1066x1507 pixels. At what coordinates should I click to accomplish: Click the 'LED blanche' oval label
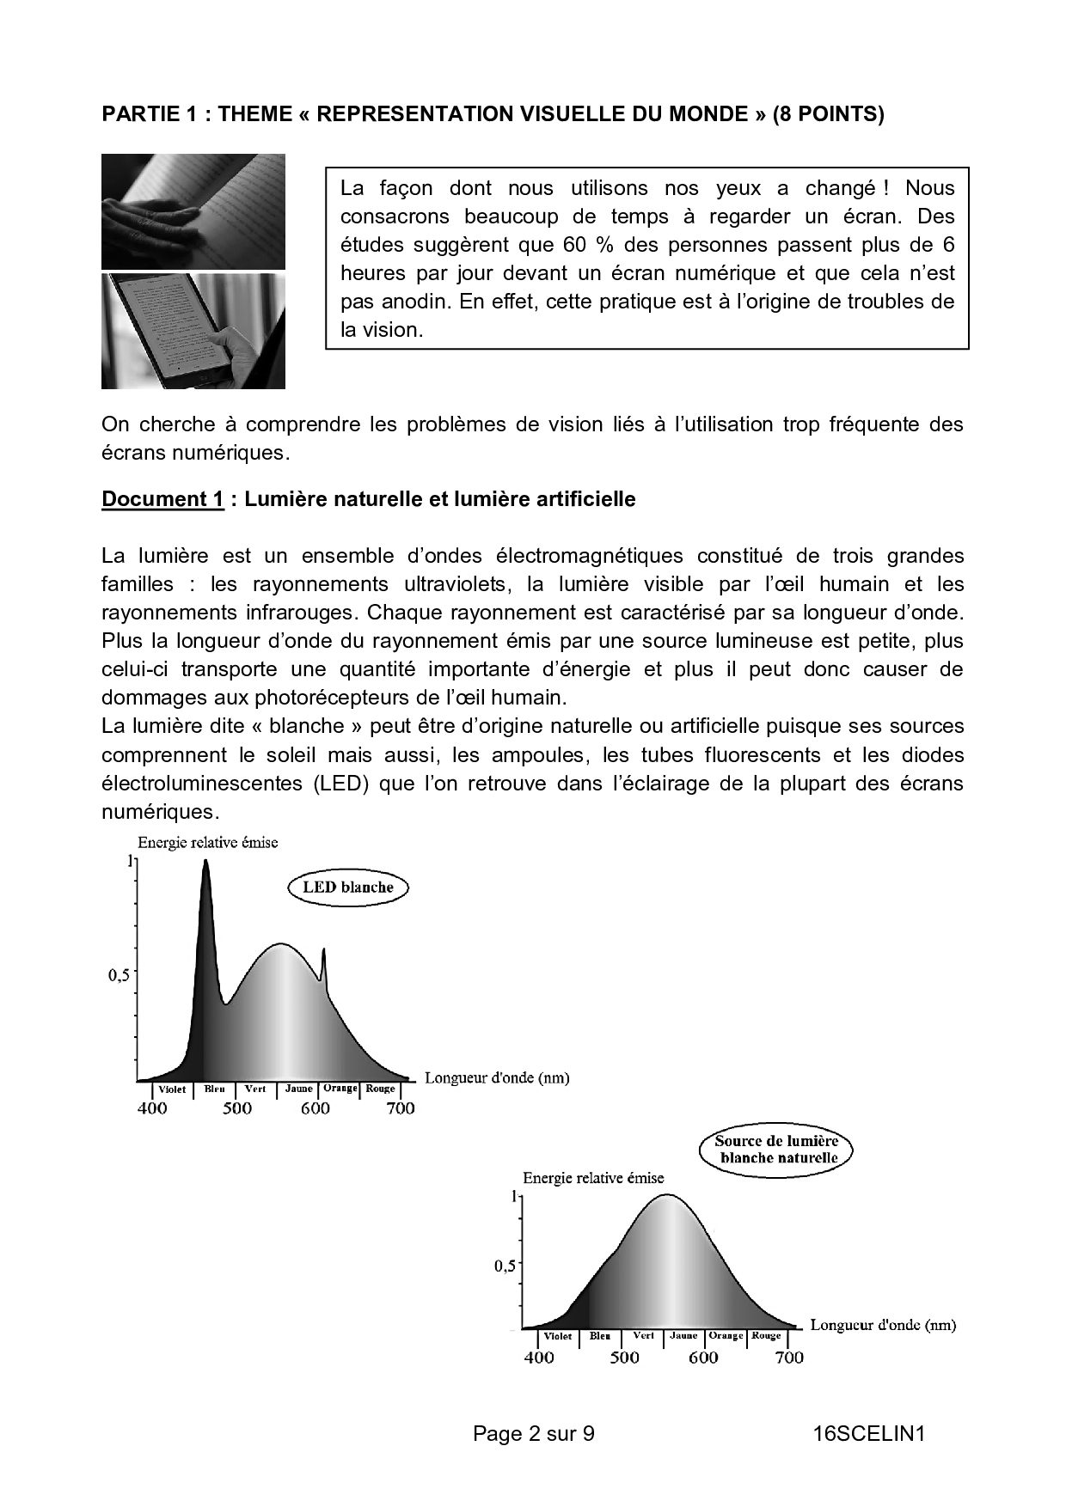[347, 888]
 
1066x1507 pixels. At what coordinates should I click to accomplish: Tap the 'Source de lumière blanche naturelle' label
[777, 1150]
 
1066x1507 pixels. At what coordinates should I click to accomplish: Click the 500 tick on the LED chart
[237, 1108]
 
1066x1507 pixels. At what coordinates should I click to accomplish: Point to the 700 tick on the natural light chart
[789, 1358]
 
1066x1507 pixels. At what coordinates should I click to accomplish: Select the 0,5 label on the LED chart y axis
[118, 975]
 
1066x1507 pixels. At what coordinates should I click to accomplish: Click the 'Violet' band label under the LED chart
[172, 1089]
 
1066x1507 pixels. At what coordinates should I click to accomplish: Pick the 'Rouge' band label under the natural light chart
[766, 1336]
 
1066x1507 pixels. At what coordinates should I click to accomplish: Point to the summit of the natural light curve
[667, 1196]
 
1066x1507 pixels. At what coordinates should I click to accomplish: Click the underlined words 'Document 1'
[162, 499]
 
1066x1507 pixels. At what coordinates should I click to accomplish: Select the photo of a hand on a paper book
[193, 211]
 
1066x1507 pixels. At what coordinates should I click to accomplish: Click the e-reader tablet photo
[193, 332]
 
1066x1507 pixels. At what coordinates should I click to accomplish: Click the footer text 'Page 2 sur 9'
[533, 1433]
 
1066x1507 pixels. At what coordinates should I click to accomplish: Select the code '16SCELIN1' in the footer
[868, 1433]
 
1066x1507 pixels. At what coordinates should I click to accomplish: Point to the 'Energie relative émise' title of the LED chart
[208, 843]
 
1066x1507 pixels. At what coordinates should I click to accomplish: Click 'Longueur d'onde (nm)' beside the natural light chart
[883, 1325]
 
